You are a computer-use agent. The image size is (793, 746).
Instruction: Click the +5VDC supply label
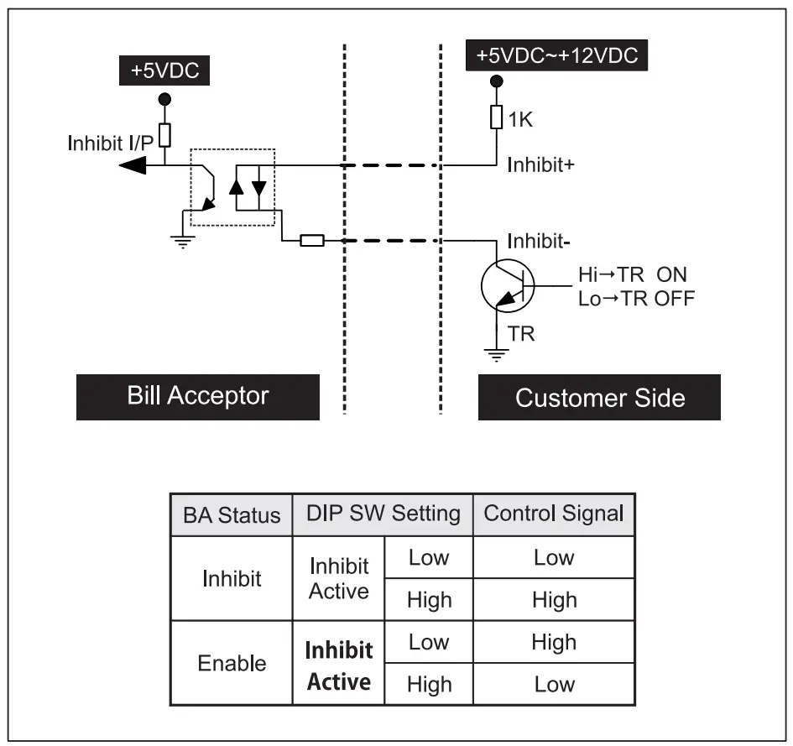164,71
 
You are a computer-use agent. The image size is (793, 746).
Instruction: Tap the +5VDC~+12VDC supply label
556,56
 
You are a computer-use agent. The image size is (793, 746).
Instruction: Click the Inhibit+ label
540,165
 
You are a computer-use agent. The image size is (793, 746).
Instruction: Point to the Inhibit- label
538,243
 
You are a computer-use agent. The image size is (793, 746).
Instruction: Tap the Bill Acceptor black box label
198,396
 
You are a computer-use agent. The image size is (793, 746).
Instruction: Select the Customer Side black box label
599,397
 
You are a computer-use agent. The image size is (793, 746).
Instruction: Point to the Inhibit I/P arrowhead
132,167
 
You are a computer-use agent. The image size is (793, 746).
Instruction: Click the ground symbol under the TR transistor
498,353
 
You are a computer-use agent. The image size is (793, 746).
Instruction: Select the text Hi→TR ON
632,275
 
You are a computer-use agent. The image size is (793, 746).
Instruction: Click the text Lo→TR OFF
636,298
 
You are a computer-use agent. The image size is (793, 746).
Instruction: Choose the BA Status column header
232,514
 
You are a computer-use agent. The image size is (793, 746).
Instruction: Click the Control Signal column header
554,514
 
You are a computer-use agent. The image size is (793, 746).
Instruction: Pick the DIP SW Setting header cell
383,514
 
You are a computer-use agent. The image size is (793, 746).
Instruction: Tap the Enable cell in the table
232,663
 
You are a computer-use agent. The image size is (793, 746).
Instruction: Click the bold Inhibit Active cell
338,665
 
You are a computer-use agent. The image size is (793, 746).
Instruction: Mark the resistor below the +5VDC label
165,134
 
